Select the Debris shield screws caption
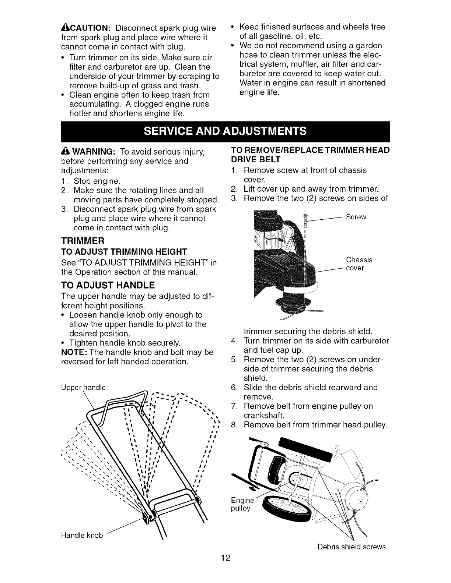[x=351, y=547]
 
